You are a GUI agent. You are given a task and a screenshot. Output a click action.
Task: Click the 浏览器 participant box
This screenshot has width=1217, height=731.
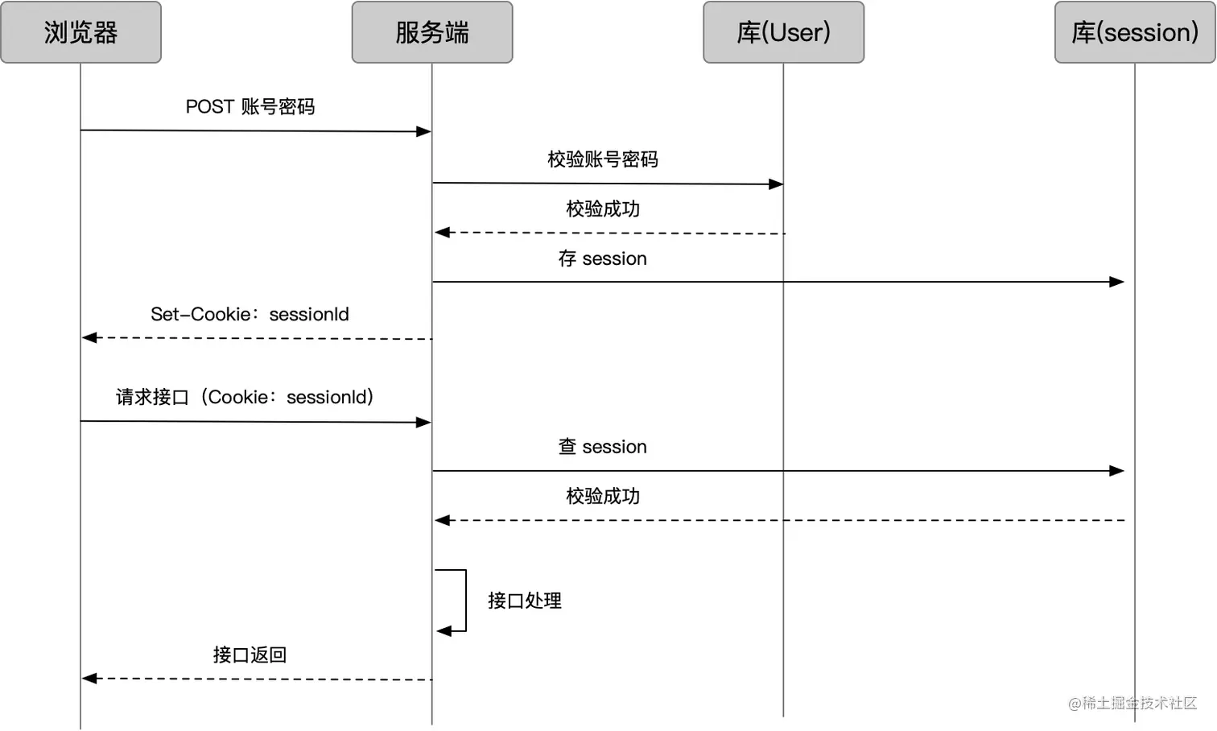pos(80,32)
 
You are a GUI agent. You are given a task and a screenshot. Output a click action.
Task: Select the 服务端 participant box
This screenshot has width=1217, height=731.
pos(432,32)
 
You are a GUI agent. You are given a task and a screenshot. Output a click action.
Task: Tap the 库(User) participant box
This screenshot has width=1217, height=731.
pos(783,32)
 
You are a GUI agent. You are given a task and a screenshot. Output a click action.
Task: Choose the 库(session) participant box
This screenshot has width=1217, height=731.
pos(1135,32)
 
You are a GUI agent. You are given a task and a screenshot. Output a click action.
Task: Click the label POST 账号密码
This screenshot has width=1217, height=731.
pos(250,107)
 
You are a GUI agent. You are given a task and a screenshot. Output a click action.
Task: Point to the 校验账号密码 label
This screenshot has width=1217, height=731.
pos(603,159)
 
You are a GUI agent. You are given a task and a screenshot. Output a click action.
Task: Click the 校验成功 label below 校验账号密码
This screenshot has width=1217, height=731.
pos(603,209)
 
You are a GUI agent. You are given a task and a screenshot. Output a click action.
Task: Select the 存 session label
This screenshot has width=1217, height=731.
pos(603,258)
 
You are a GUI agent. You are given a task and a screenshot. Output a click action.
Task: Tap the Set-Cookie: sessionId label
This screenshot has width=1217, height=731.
pos(250,314)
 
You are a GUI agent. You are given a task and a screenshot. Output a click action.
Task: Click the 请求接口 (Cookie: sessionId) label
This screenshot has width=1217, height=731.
pos(245,397)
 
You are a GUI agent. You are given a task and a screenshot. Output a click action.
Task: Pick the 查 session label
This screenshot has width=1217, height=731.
pos(603,447)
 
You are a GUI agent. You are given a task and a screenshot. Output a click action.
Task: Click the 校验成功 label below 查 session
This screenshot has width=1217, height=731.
pos(603,496)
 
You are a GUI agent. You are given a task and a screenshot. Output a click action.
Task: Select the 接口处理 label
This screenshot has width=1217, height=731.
pos(525,601)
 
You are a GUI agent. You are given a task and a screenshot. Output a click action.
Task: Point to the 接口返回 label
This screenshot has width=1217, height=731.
pos(250,655)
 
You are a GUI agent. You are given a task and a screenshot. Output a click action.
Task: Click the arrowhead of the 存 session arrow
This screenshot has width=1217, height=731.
pos(1117,282)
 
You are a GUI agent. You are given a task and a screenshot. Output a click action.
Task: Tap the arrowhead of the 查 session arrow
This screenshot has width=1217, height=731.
pos(1117,471)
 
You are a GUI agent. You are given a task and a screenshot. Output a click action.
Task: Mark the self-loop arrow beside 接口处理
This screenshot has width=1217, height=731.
pos(464,601)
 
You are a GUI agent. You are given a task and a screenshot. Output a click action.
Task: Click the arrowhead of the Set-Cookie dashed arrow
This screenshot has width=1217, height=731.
pos(89,338)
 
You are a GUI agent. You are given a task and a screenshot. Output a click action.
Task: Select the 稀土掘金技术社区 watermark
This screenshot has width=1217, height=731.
pos(1132,703)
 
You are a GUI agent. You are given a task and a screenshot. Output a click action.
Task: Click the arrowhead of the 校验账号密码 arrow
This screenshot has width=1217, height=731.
pos(776,184)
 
